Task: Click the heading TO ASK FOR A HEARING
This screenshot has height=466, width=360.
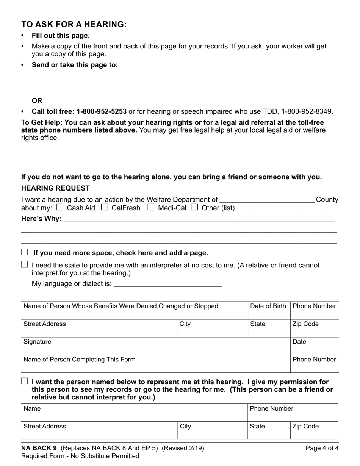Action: pyautogui.click(x=74, y=24)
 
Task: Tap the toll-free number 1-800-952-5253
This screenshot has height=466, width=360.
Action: pyautogui.click(x=101, y=111)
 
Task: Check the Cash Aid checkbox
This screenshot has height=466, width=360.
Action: pyautogui.click(x=59, y=207)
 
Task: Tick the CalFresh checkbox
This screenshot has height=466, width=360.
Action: pyautogui.click(x=105, y=207)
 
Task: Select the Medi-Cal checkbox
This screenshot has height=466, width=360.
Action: pyautogui.click(x=151, y=207)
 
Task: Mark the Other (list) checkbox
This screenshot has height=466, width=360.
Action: pyautogui.click(x=195, y=207)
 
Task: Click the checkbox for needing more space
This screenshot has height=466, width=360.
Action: pyautogui.click(x=25, y=252)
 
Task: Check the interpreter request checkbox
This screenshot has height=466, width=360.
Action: pyautogui.click(x=25, y=264)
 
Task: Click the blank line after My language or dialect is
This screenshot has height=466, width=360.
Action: pyautogui.click(x=167, y=284)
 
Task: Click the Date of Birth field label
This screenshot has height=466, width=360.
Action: pyautogui.click(x=268, y=306)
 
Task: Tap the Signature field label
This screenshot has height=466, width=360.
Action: pyautogui.click(x=37, y=342)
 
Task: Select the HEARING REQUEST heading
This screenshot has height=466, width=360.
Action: pyautogui.click(x=55, y=188)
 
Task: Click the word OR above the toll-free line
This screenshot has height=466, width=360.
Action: pyautogui.click(x=37, y=101)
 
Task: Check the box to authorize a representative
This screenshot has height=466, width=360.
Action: pyautogui.click(x=25, y=381)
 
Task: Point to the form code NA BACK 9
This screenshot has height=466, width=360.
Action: pyautogui.click(x=39, y=448)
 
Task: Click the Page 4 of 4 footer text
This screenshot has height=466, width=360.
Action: pyautogui.click(x=322, y=448)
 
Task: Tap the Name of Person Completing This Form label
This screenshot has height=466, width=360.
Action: pyautogui.click(x=79, y=360)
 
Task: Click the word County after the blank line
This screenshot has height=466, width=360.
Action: pyautogui.click(x=327, y=200)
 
